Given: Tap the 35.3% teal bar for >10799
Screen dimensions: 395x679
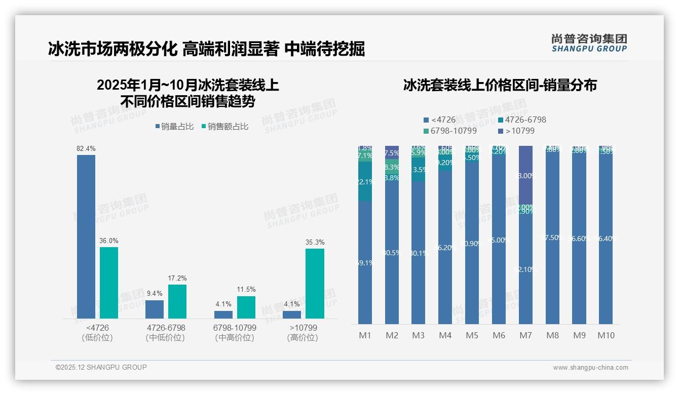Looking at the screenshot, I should pyautogui.click(x=315, y=283).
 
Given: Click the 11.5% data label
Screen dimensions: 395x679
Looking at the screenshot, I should pyautogui.click(x=246, y=290).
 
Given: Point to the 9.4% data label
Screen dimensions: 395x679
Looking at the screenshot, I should pyautogui.click(x=155, y=294).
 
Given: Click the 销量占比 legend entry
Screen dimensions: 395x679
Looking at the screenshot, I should pyautogui.click(x=175, y=127).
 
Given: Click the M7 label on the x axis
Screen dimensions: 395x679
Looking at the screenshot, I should pyautogui.click(x=526, y=335).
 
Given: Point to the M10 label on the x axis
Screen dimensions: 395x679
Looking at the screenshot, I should pyautogui.click(x=606, y=335).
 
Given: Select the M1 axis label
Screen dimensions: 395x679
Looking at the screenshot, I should pyautogui.click(x=365, y=335).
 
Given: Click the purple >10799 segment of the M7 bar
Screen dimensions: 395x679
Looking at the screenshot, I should pyautogui.click(x=526, y=175).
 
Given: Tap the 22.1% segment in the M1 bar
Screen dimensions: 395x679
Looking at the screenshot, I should pyautogui.click(x=365, y=182).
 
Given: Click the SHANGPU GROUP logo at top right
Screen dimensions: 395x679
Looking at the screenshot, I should pyautogui.click(x=589, y=43).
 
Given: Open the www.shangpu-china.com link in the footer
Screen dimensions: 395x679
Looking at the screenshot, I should pyautogui.click(x=590, y=368).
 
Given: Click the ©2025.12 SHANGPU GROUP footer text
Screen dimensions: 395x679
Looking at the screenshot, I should pyautogui.click(x=101, y=367).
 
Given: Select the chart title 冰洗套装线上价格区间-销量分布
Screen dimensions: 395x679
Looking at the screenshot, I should pyautogui.click(x=500, y=85).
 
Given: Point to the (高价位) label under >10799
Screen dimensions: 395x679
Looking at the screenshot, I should pyautogui.click(x=303, y=338).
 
